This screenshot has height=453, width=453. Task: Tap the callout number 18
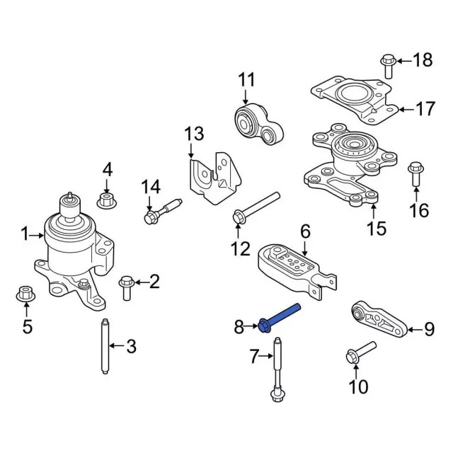click(x=422, y=61)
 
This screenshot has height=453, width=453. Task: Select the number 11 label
click(x=246, y=79)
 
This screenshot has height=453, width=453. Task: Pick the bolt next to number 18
click(x=387, y=64)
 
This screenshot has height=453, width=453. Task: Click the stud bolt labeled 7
click(x=277, y=372)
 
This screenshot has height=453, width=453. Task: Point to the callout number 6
click(x=305, y=231)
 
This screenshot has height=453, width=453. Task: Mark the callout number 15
click(x=377, y=228)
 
